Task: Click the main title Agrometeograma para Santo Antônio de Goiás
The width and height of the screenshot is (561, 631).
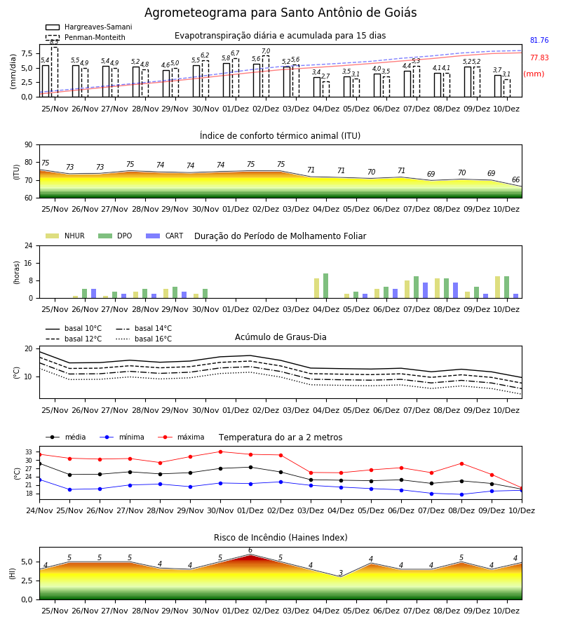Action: [280, 13]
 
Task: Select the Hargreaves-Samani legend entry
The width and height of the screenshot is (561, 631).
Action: [89, 27]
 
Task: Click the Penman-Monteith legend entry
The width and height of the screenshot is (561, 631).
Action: [86, 37]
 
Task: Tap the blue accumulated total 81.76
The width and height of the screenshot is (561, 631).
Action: [539, 40]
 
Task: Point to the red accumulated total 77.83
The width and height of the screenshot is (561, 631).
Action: [539, 57]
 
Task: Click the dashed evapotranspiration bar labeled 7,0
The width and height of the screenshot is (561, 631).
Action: [265, 76]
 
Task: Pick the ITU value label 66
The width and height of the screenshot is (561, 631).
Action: [515, 179]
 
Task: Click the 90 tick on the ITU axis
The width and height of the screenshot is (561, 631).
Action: [29, 145]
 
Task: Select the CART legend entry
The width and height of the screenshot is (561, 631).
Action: [165, 236]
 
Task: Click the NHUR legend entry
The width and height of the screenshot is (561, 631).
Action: [65, 236]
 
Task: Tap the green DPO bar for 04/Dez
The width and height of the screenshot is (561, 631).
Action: [325, 286]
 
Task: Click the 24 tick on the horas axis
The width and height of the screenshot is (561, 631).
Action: [29, 245]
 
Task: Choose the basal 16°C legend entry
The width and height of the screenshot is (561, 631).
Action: [144, 339]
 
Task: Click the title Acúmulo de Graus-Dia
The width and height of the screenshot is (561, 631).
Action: [280, 337]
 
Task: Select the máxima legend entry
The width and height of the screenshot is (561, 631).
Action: [181, 437]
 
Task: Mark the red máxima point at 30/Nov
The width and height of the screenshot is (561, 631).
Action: [220, 452]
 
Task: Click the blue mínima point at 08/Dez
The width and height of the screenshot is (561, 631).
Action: [461, 494]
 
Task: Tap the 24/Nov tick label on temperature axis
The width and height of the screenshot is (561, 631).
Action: [39, 510]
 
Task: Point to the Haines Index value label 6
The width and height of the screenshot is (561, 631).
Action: [250, 550]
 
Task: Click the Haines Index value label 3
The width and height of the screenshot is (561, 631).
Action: [341, 573]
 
